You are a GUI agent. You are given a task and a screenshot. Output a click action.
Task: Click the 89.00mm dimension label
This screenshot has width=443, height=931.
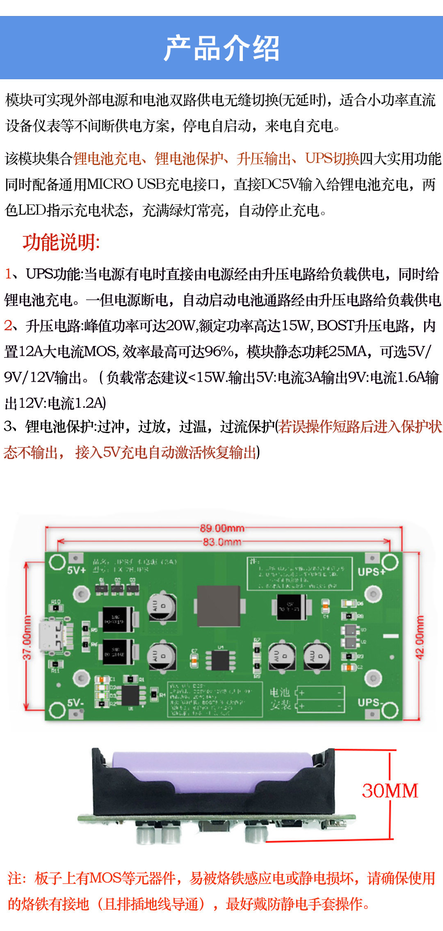click(222, 528)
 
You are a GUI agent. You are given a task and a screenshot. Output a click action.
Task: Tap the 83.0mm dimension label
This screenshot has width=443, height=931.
click(222, 542)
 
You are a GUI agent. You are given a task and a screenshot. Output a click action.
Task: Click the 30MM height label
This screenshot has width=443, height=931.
click(390, 791)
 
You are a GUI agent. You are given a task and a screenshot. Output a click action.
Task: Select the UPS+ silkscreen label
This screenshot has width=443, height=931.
click(371, 572)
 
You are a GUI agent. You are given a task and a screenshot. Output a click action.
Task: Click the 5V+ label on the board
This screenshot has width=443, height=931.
click(76, 570)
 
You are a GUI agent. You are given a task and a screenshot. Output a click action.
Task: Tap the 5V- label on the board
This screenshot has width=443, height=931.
click(75, 703)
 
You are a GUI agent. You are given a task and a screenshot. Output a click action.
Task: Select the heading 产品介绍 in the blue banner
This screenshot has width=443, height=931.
click(221, 48)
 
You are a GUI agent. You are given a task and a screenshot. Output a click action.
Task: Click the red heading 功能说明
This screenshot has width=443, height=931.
click(61, 242)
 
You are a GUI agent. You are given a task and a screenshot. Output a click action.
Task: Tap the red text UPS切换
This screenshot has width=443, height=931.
click(332, 158)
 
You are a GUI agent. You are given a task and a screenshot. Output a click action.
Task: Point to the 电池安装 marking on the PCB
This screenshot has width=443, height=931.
click(280, 699)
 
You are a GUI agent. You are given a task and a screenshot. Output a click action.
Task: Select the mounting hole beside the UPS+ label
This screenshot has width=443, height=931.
click(390, 562)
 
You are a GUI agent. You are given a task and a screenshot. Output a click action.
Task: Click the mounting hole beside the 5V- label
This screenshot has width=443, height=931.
click(57, 709)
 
